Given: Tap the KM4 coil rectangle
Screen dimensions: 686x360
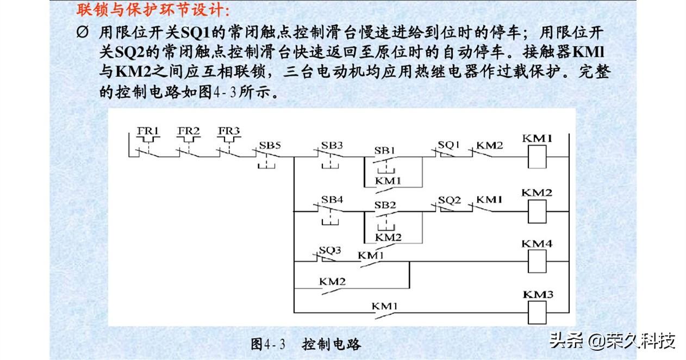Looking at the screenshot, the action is click(x=537, y=261).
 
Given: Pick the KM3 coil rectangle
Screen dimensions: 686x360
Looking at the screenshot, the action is click(x=537, y=312).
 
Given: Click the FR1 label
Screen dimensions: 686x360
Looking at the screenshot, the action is click(x=147, y=131).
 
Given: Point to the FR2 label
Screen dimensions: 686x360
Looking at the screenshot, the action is click(x=189, y=131).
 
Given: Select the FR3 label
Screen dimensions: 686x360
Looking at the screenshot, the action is click(x=229, y=131).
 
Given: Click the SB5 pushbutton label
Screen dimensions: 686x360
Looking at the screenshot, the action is click(x=270, y=145).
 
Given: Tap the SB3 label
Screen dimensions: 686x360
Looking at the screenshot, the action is click(x=332, y=145).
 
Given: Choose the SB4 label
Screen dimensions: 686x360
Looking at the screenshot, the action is click(x=332, y=200).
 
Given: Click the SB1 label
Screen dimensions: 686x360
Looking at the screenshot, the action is click(x=385, y=150).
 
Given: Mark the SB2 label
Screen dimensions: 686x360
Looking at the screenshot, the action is click(x=385, y=204).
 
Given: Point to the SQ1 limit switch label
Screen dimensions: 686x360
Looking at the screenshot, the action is click(x=449, y=145).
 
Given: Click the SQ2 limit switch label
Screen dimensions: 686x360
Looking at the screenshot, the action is click(x=450, y=200).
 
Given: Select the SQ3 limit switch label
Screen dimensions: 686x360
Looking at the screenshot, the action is click(x=330, y=251).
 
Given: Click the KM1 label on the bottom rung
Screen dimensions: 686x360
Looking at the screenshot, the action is click(x=385, y=306).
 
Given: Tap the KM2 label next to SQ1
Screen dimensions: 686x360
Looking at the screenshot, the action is click(x=490, y=145).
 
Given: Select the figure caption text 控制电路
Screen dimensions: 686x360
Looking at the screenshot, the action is click(x=332, y=344).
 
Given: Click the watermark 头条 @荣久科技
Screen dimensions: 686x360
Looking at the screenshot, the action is click(x=612, y=341).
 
